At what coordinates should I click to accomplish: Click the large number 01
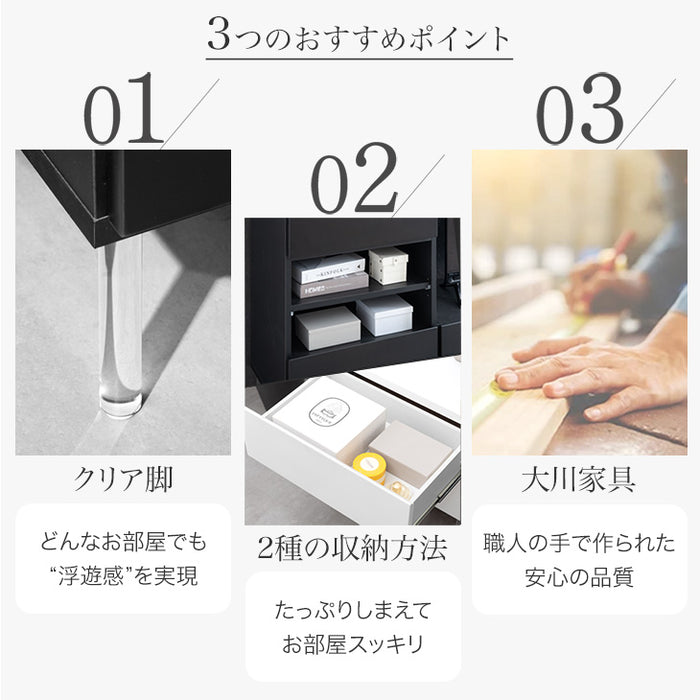pyautogui.click(x=122, y=110)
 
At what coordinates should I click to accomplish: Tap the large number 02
pyautogui.click(x=353, y=182)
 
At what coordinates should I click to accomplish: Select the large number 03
pyautogui.click(x=581, y=110)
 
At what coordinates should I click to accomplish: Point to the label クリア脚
pyautogui.click(x=122, y=479)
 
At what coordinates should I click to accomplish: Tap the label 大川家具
pyautogui.click(x=580, y=479)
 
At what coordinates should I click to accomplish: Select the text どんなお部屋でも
pyautogui.click(x=122, y=543)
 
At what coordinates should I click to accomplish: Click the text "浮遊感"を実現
pyautogui.click(x=122, y=576)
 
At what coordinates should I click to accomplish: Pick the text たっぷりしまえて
pyautogui.click(x=352, y=609)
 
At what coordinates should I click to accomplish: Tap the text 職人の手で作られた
pyautogui.click(x=580, y=543)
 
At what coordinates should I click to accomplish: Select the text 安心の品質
pyautogui.click(x=580, y=577)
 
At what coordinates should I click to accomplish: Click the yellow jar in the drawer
pyautogui.click(x=369, y=467)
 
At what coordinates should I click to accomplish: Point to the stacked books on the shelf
pyautogui.click(x=329, y=275)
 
